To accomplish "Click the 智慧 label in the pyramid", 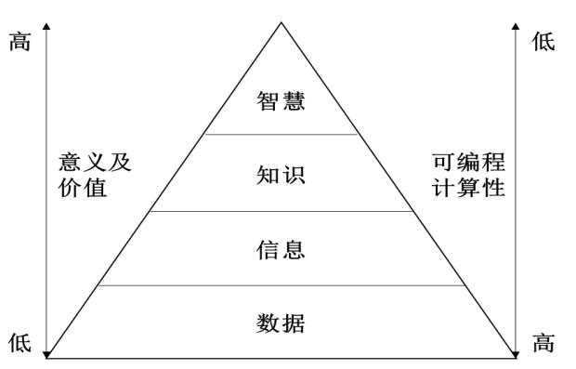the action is click(281, 100).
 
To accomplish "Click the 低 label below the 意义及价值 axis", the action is click(20, 342).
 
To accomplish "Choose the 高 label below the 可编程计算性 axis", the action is click(543, 342).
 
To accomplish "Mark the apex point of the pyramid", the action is click(281, 20).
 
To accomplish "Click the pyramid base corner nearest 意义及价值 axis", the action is click(48, 357).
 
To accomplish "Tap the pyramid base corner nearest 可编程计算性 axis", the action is click(515, 357).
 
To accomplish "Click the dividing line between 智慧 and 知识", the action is click(281, 135).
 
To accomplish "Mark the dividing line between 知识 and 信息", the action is click(281, 211).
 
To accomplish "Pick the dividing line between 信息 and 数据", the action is click(281, 286).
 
